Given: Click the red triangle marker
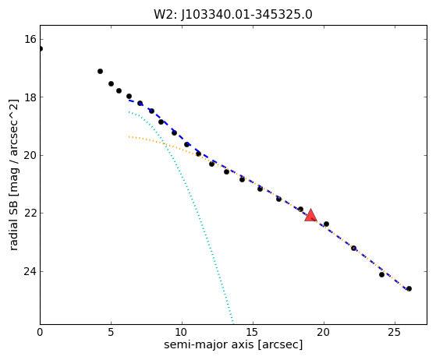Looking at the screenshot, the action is click(310, 216).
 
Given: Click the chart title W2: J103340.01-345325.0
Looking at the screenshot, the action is click(233, 15).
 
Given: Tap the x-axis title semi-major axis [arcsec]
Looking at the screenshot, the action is click(233, 344).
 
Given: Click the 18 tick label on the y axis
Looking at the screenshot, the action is click(30, 97).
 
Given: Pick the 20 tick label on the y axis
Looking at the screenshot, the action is click(30, 155).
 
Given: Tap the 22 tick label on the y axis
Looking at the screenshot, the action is click(30, 213).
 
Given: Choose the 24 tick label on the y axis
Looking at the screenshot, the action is click(30, 271).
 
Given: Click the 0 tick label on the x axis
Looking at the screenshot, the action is click(40, 332).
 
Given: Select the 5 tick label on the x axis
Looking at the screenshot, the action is click(111, 332).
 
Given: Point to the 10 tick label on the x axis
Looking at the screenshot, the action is click(182, 332).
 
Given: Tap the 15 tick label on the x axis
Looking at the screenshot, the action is click(253, 332).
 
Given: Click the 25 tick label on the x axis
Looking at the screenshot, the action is click(395, 332).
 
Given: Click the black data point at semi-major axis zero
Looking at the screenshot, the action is click(41, 49).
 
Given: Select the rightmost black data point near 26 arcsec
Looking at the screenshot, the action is click(409, 289).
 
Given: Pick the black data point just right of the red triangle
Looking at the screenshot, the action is click(326, 224).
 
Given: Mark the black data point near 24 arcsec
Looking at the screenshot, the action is click(381, 275).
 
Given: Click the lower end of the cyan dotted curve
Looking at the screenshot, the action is click(233, 323).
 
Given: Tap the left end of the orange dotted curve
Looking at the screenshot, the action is click(129, 136).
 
